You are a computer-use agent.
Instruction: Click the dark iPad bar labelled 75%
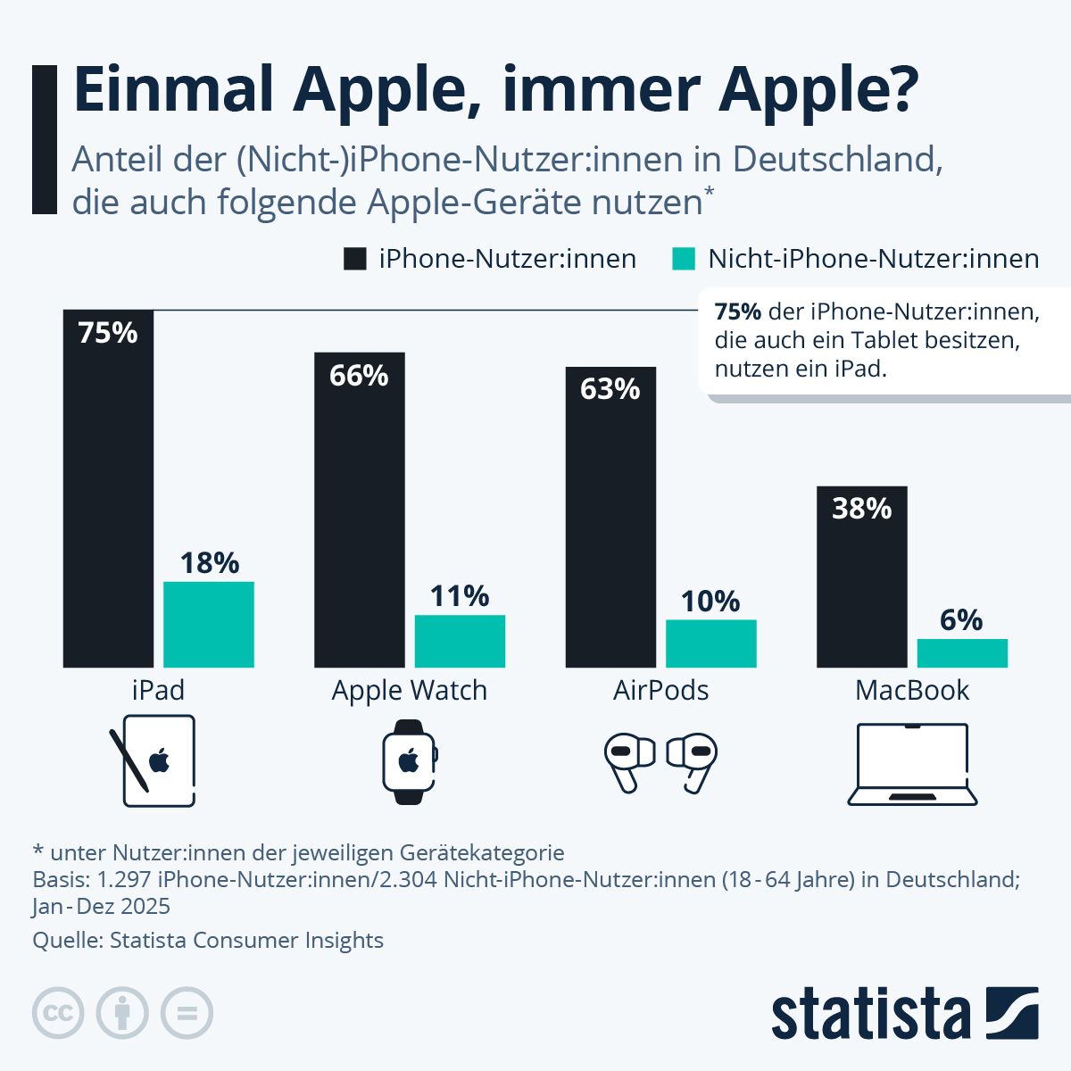[108, 500]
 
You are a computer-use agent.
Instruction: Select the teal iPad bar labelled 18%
[208, 625]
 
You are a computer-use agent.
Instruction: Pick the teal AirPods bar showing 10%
[710, 643]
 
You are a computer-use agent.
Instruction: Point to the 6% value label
[961, 619]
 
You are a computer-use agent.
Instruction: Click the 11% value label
[460, 595]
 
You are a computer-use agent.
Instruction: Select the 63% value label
[610, 389]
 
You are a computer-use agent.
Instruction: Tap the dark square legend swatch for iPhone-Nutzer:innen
[355, 259]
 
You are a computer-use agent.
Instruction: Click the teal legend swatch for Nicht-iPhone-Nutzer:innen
[683, 259]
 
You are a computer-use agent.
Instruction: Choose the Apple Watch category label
[410, 691]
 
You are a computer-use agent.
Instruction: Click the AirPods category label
[660, 691]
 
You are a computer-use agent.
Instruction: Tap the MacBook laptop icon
[912, 764]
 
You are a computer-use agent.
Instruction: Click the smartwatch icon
[410, 762]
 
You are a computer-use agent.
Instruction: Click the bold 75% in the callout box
[738, 311]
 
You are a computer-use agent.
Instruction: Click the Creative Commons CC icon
[58, 1013]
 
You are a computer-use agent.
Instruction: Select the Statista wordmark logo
[870, 1015]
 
